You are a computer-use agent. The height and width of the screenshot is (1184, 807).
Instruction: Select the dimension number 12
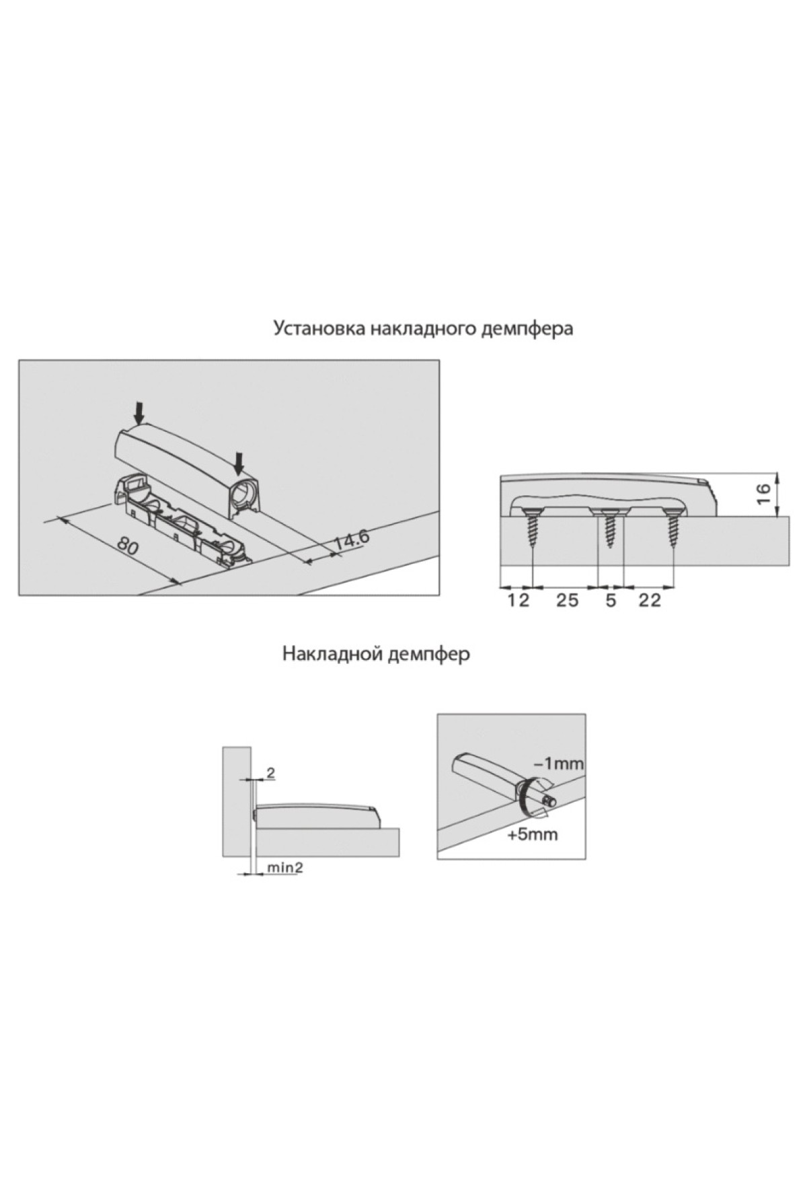(517, 600)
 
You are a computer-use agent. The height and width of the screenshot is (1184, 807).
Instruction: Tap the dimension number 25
(566, 600)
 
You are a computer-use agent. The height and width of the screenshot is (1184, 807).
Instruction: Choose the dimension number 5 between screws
(611, 600)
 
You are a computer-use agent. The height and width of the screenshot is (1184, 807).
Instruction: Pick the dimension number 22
(649, 600)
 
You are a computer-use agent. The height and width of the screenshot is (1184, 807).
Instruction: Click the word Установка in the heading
(318, 330)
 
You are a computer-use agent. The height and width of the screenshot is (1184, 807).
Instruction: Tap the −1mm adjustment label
(558, 764)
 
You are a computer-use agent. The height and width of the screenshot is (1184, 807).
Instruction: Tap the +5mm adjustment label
(533, 835)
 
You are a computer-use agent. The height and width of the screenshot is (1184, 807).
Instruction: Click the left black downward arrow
(139, 411)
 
